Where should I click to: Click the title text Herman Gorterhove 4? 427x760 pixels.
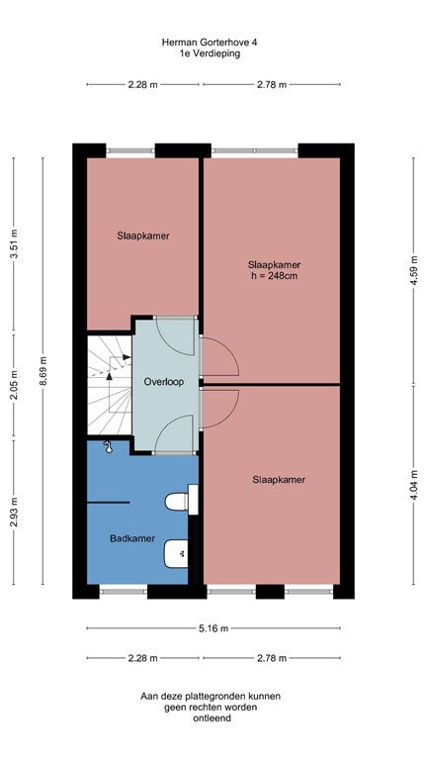point(210,43)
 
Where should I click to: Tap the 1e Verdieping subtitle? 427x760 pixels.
point(210,53)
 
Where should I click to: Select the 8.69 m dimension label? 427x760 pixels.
point(43,370)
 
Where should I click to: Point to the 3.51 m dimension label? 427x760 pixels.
point(14,242)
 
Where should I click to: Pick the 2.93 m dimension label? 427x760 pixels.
point(14,512)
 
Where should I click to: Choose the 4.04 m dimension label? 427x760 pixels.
point(414,485)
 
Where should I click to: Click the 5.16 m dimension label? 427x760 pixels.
point(213,628)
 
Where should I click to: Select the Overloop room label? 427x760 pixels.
point(164,382)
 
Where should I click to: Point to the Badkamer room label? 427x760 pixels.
point(132,538)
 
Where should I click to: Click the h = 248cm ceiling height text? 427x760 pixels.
point(275,276)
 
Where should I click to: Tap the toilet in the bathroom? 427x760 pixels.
point(182,500)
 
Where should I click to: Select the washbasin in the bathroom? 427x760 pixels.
point(176,553)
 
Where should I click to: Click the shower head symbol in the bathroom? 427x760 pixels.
point(108,447)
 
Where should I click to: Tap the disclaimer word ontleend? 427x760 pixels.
point(212,718)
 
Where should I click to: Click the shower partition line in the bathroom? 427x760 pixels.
point(108,503)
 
